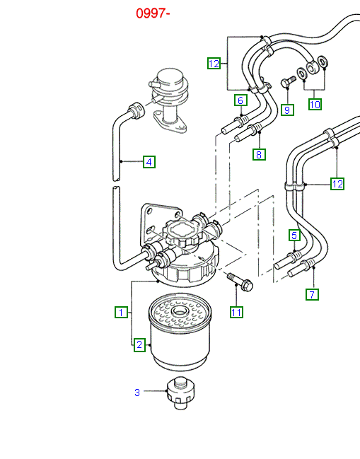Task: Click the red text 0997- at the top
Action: tap(154, 13)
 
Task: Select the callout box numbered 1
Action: tap(121, 311)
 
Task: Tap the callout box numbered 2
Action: tap(140, 345)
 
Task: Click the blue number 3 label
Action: tap(137, 392)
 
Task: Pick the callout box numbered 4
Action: tap(149, 162)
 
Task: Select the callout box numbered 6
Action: tap(240, 100)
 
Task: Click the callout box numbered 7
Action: tap(312, 294)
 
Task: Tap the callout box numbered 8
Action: tap(259, 153)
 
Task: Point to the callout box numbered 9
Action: tap(286, 110)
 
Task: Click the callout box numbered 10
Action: tap(315, 104)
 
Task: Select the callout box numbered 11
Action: tap(236, 311)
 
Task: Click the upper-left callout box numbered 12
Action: tap(214, 64)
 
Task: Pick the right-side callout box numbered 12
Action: tap(337, 184)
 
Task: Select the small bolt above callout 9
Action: tap(287, 83)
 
